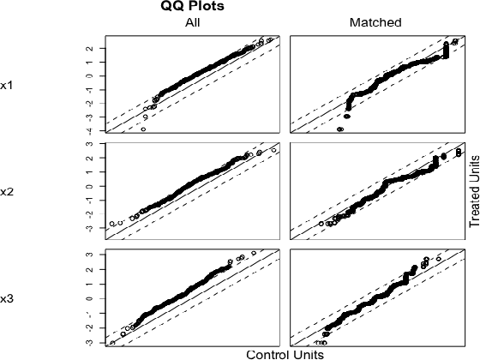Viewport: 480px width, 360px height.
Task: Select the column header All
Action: [x=194, y=22]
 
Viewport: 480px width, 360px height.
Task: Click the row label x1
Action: [x=6, y=85]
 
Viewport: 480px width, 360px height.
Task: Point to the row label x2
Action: [x=6, y=191]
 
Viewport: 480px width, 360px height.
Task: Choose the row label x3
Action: [x=6, y=298]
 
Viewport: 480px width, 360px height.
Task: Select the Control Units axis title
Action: [x=285, y=353]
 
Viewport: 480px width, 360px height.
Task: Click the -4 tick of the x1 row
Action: [x=89, y=129]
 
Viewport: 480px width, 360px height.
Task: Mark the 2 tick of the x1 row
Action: [x=89, y=49]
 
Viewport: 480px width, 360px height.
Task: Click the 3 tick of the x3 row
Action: [x=89, y=254]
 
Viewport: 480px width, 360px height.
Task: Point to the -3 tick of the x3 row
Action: [x=89, y=341]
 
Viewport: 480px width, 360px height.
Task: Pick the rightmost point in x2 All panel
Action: [x=273, y=150]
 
